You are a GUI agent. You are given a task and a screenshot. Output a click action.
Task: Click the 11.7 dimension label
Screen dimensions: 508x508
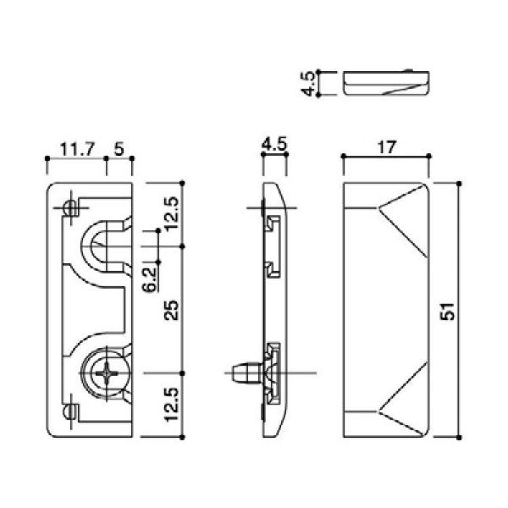click(77, 149)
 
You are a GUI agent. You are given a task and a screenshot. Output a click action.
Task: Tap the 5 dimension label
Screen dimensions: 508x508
click(119, 149)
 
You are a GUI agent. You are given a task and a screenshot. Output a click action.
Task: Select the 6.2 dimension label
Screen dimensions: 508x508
click(150, 280)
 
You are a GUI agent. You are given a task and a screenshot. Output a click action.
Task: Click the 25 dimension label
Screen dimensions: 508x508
click(171, 311)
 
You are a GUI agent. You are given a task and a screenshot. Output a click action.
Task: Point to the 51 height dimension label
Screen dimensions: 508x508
click(447, 312)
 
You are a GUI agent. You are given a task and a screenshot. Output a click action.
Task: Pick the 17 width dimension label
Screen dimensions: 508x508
click(387, 147)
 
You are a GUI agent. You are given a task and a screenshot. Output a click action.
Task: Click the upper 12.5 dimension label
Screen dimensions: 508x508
click(171, 213)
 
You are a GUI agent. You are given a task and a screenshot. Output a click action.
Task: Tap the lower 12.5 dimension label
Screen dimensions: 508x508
click(171, 405)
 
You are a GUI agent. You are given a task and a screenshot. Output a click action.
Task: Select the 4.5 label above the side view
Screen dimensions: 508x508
click(274, 144)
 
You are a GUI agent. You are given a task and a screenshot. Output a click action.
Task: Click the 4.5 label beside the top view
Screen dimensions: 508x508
click(308, 83)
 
